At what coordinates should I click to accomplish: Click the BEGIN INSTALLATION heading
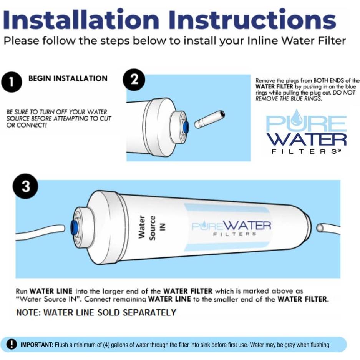pos(68,78)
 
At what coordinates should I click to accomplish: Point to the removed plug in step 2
pos(209,119)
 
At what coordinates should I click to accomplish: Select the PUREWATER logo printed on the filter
pos(231,227)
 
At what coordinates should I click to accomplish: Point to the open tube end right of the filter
pos(320,228)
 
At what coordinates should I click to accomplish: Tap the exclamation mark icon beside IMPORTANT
pos(13,344)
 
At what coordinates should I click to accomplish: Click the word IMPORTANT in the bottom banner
pos(37,345)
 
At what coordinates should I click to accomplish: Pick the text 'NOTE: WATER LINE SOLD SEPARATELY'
pos(96,312)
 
